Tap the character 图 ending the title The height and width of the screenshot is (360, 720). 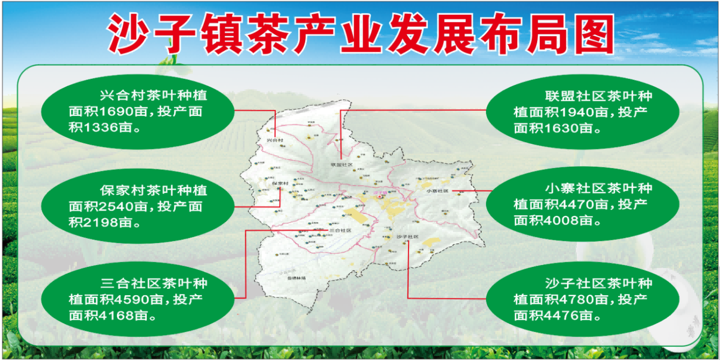[x=589, y=34]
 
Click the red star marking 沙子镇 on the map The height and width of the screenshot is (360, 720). [x=380, y=196]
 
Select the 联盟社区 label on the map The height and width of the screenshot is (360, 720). [x=342, y=165]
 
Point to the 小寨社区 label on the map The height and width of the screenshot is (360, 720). [x=437, y=191]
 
